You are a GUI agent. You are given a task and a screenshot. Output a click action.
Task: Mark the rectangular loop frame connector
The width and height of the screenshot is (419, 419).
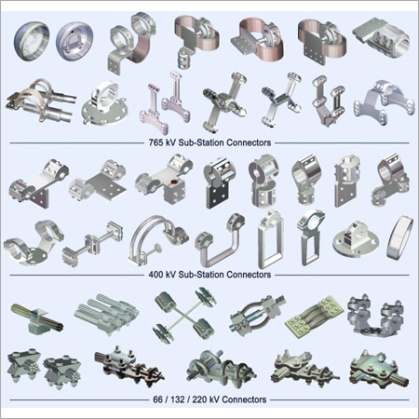pyautogui.click(x=270, y=237)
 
